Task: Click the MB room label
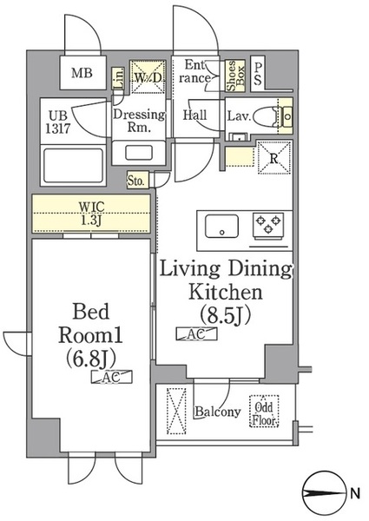click(x=82, y=73)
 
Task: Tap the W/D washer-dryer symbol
click(x=147, y=76)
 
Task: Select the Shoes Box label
click(x=235, y=76)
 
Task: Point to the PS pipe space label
click(x=258, y=74)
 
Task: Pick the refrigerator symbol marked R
click(x=274, y=157)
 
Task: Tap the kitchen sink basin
click(x=222, y=226)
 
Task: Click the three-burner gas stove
click(x=268, y=226)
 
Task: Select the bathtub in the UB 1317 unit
click(x=73, y=166)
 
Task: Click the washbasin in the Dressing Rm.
click(x=139, y=153)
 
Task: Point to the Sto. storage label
click(x=136, y=181)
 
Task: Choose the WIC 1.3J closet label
click(x=90, y=214)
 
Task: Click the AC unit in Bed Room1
click(x=112, y=377)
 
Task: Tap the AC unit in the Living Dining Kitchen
click(x=196, y=334)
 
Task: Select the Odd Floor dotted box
click(x=264, y=411)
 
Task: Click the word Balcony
click(x=218, y=412)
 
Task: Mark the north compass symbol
click(x=322, y=492)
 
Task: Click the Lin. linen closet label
click(x=119, y=78)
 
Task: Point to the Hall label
click(x=195, y=115)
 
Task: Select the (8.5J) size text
click(x=225, y=315)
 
